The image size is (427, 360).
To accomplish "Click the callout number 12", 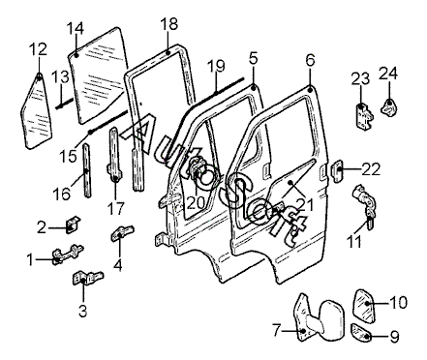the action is point(39,49).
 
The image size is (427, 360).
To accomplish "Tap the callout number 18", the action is point(168,24).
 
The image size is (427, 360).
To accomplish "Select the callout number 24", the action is point(388,73).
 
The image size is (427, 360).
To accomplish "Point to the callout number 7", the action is point(276,331).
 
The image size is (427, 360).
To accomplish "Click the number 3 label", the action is point(83,312).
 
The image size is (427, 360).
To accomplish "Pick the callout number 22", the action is point(371,169).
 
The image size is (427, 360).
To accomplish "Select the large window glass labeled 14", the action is point(97,75).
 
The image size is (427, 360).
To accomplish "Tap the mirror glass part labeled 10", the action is point(364,305).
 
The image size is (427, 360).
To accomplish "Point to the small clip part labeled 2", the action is point(73,224).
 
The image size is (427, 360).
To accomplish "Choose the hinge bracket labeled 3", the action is point(86,278).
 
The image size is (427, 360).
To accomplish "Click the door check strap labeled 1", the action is point(68,255).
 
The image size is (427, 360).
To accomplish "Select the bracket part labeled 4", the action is point(122,232).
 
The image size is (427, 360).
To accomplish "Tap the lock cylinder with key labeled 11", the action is point(365,205).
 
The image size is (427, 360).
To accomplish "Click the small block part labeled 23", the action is point(364,116).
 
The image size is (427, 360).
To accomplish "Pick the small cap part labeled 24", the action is point(389,105).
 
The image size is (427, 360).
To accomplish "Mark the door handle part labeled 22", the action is point(337,169).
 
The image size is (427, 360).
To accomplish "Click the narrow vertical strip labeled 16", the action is point(86,170).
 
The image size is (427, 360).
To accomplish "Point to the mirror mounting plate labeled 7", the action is point(302,317).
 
